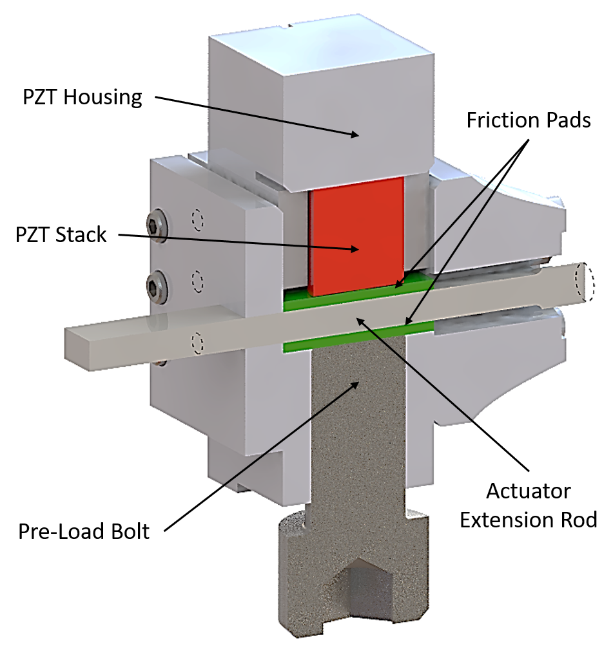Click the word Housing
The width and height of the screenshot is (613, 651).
[102, 97]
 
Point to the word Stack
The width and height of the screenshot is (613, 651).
[81, 234]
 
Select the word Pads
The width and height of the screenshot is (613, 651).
[567, 120]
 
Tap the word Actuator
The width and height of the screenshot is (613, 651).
[528, 491]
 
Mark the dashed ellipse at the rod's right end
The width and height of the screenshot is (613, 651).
[585, 282]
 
